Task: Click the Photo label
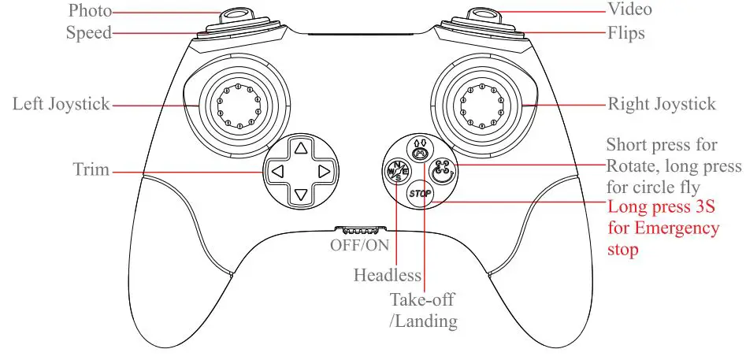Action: click(x=90, y=10)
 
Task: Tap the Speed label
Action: click(x=87, y=33)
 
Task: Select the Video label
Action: click(x=630, y=9)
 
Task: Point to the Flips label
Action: click(x=627, y=33)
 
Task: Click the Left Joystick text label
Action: click(x=61, y=104)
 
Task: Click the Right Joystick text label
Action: click(x=662, y=104)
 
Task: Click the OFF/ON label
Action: click(x=359, y=244)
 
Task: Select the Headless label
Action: click(x=387, y=276)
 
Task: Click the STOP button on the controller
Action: click(x=421, y=192)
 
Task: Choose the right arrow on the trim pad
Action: click(x=322, y=171)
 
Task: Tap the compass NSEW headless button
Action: click(x=396, y=168)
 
